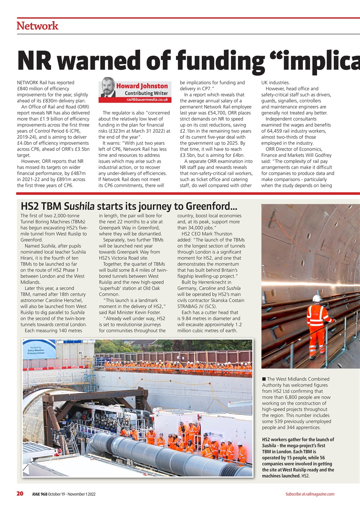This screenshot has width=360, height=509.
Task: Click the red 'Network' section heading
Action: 37,26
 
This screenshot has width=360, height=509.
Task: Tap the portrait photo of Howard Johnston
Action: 107,87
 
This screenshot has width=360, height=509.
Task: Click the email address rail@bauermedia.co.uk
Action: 147,99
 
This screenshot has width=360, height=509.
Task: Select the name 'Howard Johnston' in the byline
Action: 142,86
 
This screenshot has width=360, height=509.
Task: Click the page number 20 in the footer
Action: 19,494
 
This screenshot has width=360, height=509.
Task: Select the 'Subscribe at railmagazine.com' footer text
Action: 310,494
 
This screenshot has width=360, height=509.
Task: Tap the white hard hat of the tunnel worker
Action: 317,298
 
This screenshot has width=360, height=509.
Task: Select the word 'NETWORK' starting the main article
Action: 28,83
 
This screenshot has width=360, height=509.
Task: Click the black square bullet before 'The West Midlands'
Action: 264,379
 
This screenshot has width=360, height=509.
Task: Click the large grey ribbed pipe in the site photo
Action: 167,453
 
